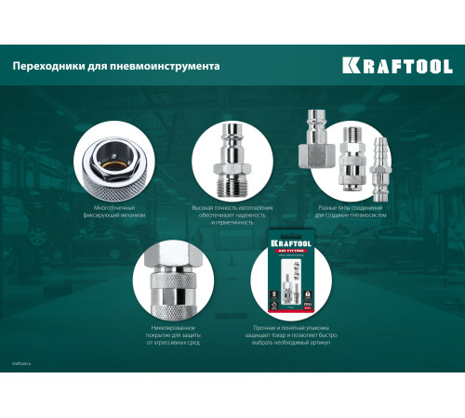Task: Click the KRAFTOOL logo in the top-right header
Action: click(396, 66)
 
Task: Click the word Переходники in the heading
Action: click(46, 67)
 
